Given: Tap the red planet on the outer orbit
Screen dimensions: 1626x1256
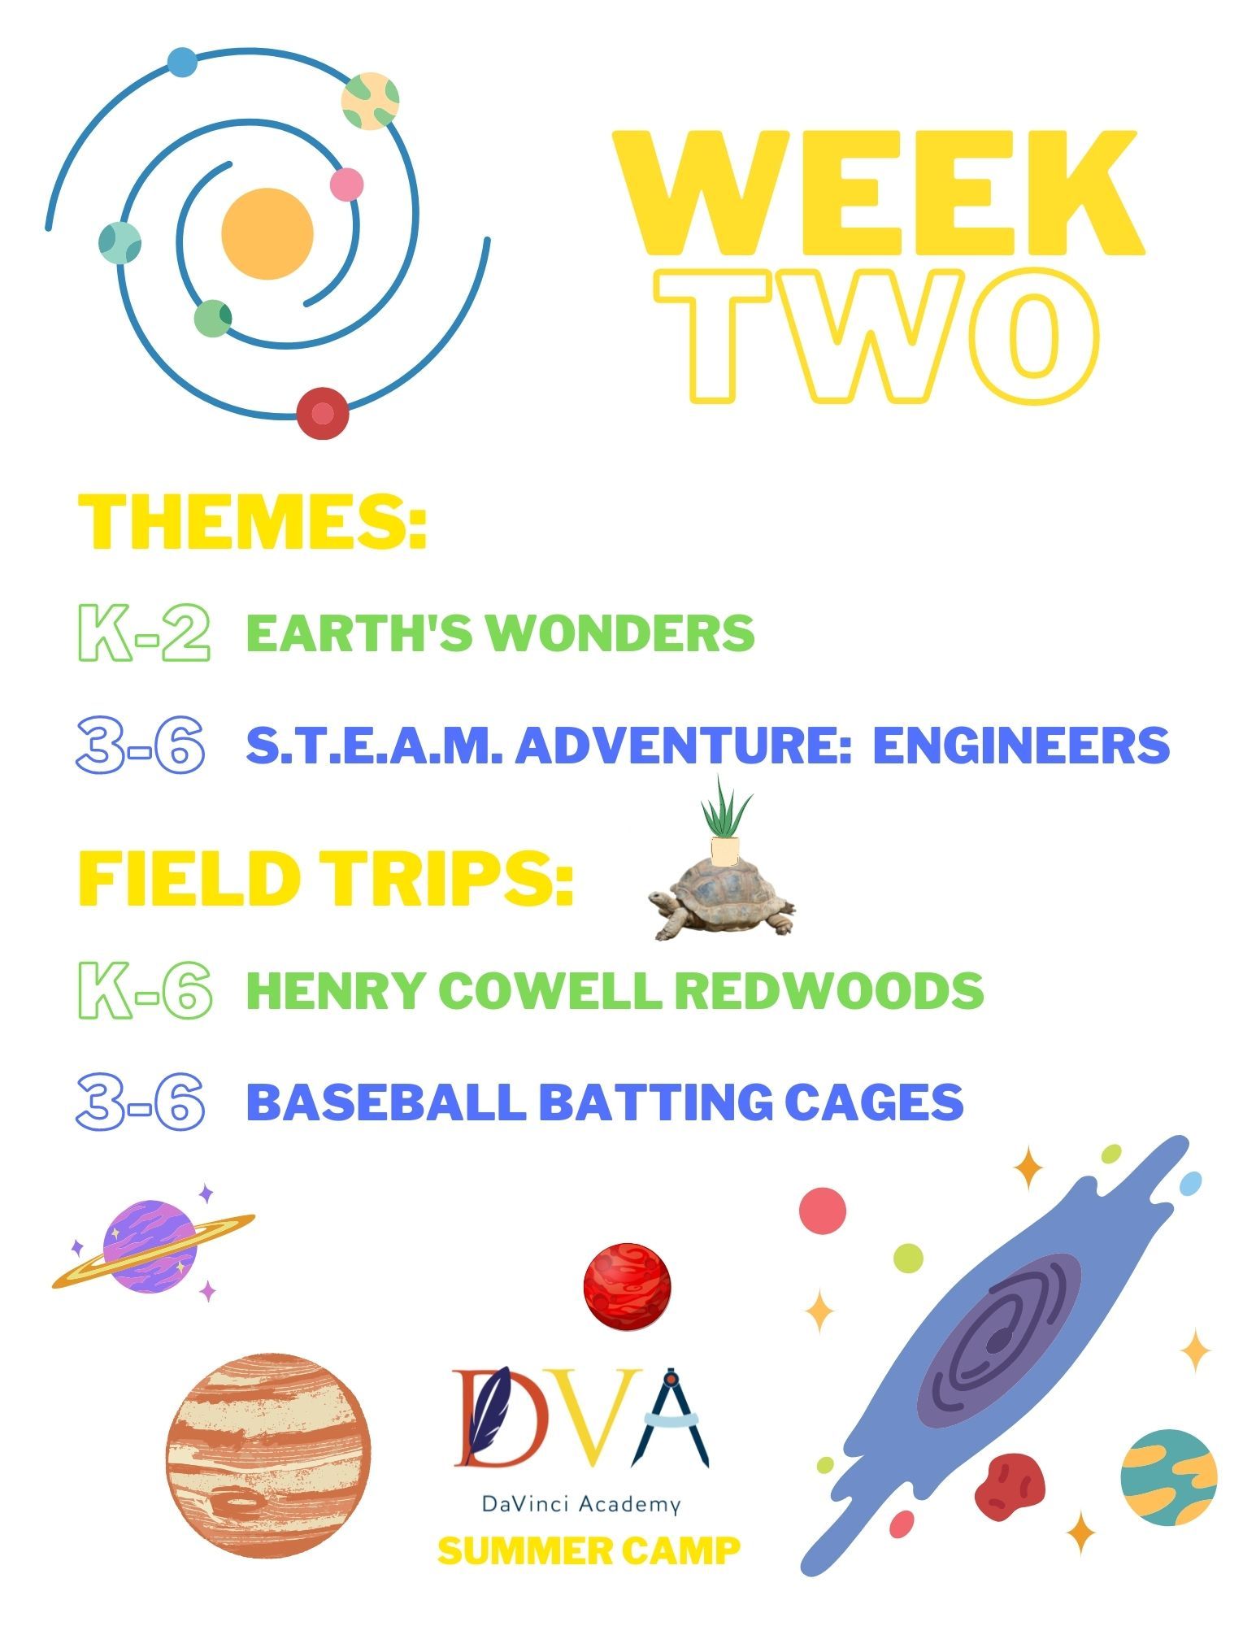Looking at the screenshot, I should [x=323, y=413].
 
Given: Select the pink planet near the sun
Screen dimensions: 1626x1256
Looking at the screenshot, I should [x=346, y=184].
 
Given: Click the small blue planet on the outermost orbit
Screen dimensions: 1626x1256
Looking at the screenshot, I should [x=181, y=62].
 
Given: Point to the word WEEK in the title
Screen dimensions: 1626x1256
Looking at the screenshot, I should [x=878, y=195].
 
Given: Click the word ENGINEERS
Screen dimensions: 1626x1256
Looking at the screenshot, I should [x=1021, y=745].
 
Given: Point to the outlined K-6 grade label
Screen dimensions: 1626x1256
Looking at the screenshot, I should [x=145, y=990].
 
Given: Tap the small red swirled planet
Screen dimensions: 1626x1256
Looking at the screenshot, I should [x=628, y=1286].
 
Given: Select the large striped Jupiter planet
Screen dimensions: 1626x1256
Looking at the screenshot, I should [x=268, y=1455].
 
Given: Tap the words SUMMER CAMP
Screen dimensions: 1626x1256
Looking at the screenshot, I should [x=589, y=1550].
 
